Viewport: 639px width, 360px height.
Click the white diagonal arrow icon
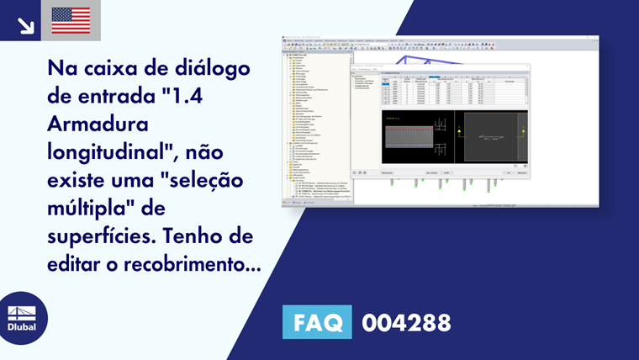25,25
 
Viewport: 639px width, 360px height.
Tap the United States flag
71,21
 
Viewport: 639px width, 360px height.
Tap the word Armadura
98,125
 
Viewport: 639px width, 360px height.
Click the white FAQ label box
318,323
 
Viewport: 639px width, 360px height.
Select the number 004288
406,323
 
